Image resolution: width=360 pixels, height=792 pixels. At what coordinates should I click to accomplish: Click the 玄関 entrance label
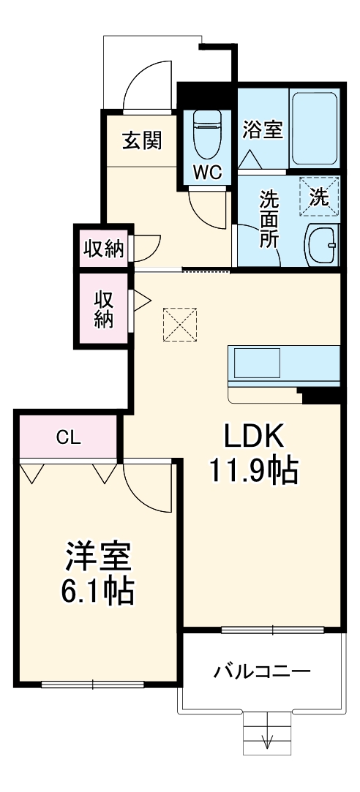pos(141,141)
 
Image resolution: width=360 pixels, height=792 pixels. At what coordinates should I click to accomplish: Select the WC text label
pos(207,173)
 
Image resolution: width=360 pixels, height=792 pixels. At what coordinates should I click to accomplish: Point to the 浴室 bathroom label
pos(262,130)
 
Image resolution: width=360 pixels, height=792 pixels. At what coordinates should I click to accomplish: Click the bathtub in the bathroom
pos(314,129)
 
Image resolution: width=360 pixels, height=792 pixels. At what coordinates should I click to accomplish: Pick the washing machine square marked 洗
pos(320,196)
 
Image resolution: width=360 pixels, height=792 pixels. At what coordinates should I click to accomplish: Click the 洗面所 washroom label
pos(269,220)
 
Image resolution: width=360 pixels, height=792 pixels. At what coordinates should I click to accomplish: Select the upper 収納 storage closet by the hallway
pos(103,249)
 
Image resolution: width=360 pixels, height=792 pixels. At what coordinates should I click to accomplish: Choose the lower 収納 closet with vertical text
pos(103,309)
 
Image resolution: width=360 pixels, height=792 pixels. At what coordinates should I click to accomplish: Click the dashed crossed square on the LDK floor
pos(180,324)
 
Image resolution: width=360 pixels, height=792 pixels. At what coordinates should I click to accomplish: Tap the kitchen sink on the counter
pos(257,363)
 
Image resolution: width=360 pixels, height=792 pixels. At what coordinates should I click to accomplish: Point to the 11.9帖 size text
pos(254,471)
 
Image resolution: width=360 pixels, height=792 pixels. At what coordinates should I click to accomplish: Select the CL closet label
pos(69,438)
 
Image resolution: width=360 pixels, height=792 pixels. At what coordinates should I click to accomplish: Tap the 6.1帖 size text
pos(97,590)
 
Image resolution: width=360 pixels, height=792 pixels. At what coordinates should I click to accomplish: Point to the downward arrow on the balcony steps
pos(267,740)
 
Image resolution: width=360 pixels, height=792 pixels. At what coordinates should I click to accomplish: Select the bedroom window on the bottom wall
pos(93,684)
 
